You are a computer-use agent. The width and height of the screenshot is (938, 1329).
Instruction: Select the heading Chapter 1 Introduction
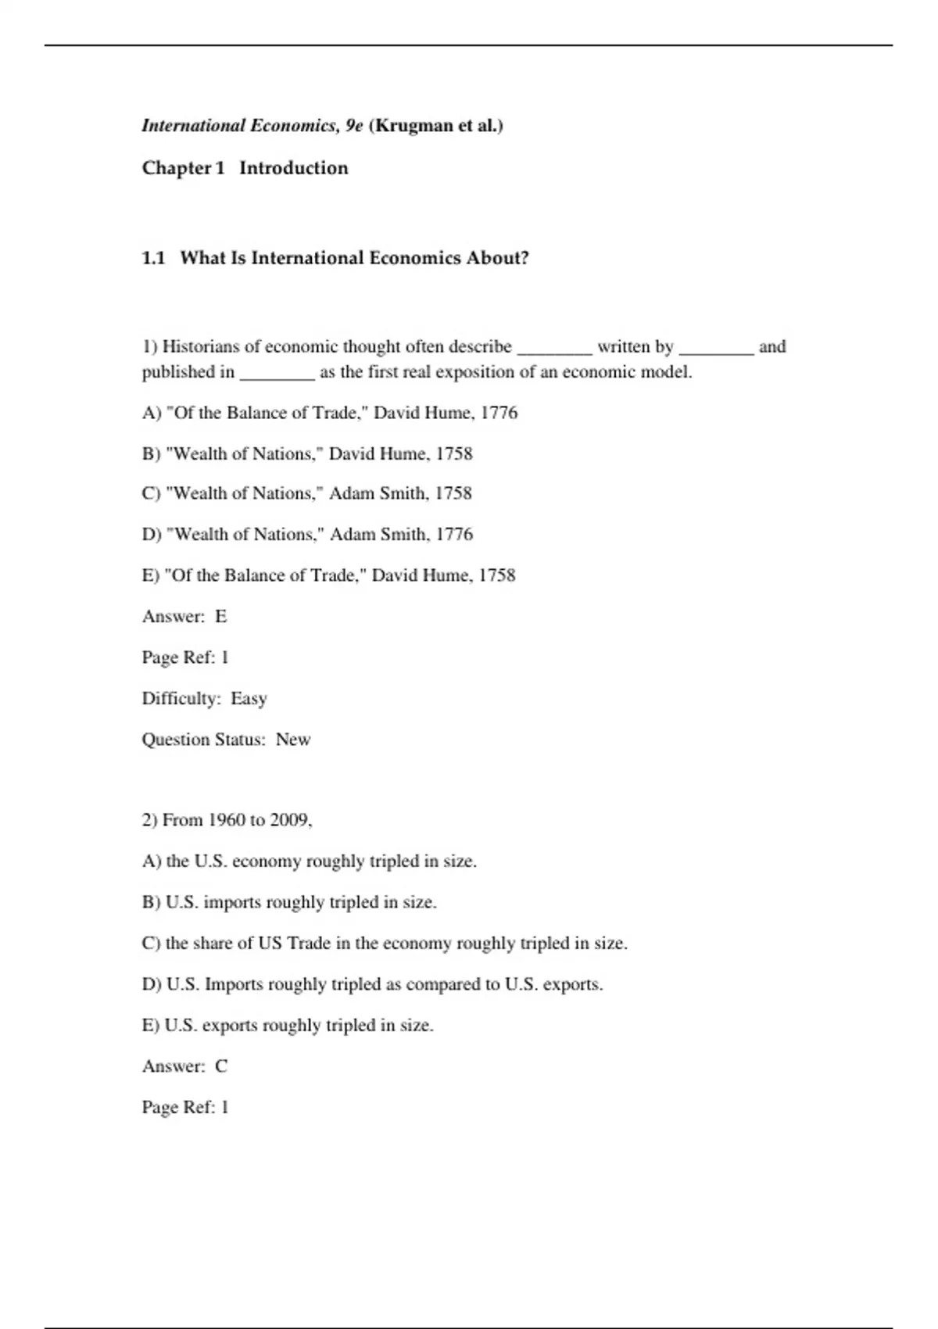pos(245,168)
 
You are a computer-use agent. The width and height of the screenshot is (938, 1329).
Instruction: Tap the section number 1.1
pos(153,258)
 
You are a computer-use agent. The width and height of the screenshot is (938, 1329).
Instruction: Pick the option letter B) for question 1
pos(151,454)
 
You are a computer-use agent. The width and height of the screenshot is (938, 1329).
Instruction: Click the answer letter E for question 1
pos(221,617)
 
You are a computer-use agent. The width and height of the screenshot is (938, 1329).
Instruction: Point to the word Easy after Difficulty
pos(249,698)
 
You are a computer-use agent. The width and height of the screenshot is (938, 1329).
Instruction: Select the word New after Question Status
pos(293,740)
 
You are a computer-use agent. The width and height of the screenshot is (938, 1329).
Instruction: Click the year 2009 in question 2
pos(291,820)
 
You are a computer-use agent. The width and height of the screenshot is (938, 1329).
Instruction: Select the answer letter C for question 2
pos(221,1066)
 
